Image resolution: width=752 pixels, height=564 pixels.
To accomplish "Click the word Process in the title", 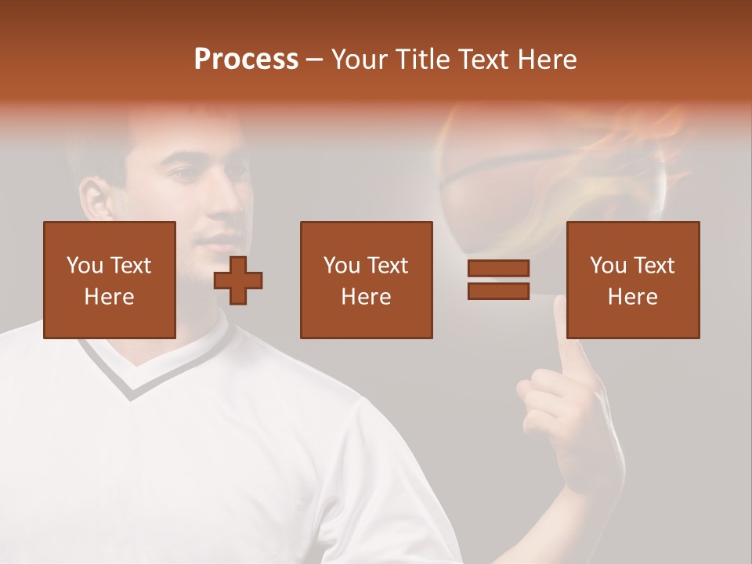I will (x=246, y=60).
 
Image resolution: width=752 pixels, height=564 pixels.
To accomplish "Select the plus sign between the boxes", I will (x=238, y=280).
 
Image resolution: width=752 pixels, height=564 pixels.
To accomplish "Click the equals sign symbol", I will (x=498, y=280).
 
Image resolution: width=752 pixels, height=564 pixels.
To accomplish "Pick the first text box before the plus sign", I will (x=110, y=280).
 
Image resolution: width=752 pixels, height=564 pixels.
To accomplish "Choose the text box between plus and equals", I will (x=366, y=280).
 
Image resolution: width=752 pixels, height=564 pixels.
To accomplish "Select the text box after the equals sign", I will (x=632, y=280).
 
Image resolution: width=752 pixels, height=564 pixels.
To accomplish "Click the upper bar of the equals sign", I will (x=498, y=269).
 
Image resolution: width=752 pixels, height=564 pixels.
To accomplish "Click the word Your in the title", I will (x=360, y=60).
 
